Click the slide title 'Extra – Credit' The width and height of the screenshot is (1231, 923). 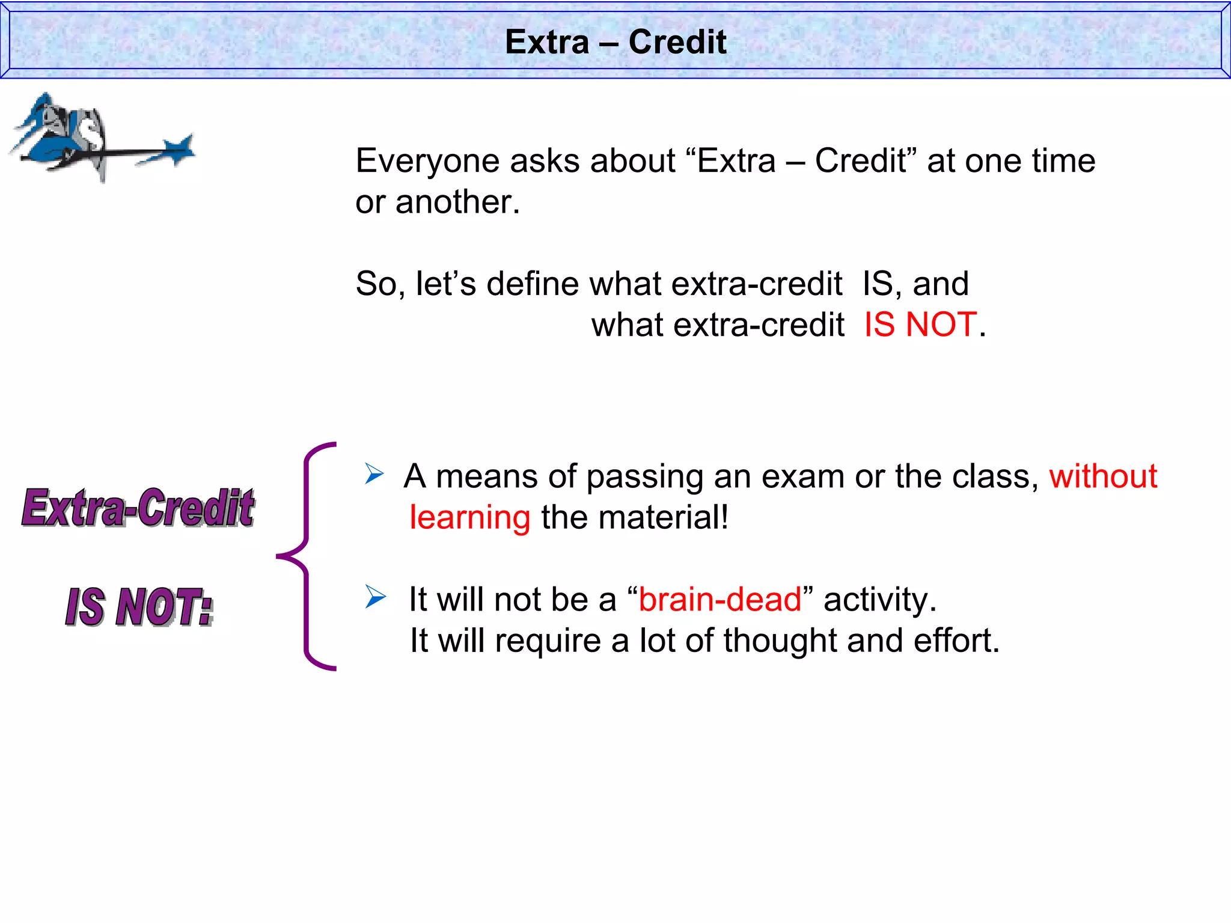615,42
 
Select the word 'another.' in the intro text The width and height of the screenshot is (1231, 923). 457,203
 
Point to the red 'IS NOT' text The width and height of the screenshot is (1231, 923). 920,325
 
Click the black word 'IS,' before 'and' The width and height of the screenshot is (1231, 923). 882,284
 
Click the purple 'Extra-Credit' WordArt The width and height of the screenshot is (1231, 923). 138,508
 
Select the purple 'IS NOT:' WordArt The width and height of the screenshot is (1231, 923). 139,607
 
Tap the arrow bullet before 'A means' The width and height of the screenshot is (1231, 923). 374,475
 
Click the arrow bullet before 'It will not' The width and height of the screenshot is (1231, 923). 375,597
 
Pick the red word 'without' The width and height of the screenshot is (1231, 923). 1103,477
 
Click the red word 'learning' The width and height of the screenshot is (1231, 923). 469,518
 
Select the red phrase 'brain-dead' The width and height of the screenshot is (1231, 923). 720,600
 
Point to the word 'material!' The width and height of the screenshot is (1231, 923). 663,518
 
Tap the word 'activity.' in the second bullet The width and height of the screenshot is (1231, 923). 880,600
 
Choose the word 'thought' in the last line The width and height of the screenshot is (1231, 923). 780,641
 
